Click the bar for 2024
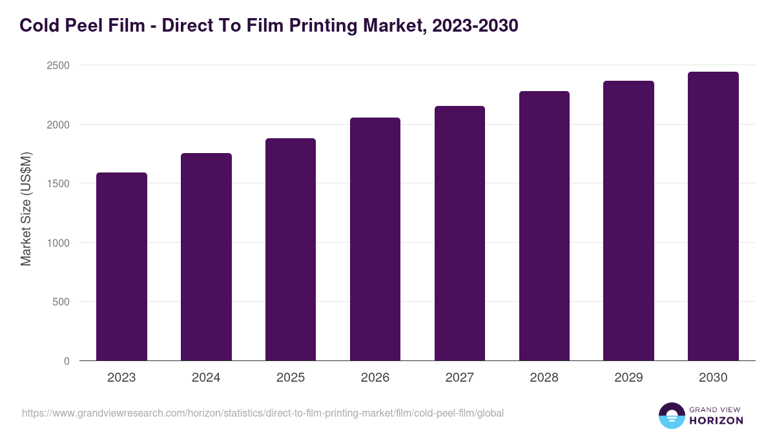point(206,256)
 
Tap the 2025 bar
point(291,249)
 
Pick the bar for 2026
point(375,239)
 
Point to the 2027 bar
point(460,233)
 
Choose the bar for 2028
point(544,225)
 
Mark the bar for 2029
point(628,220)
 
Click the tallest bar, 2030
point(713,216)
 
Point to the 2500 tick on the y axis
point(57,65)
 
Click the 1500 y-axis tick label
point(57,183)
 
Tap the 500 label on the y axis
point(61,302)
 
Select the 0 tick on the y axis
point(67,361)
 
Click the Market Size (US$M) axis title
point(26,209)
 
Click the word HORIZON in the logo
point(716,420)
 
